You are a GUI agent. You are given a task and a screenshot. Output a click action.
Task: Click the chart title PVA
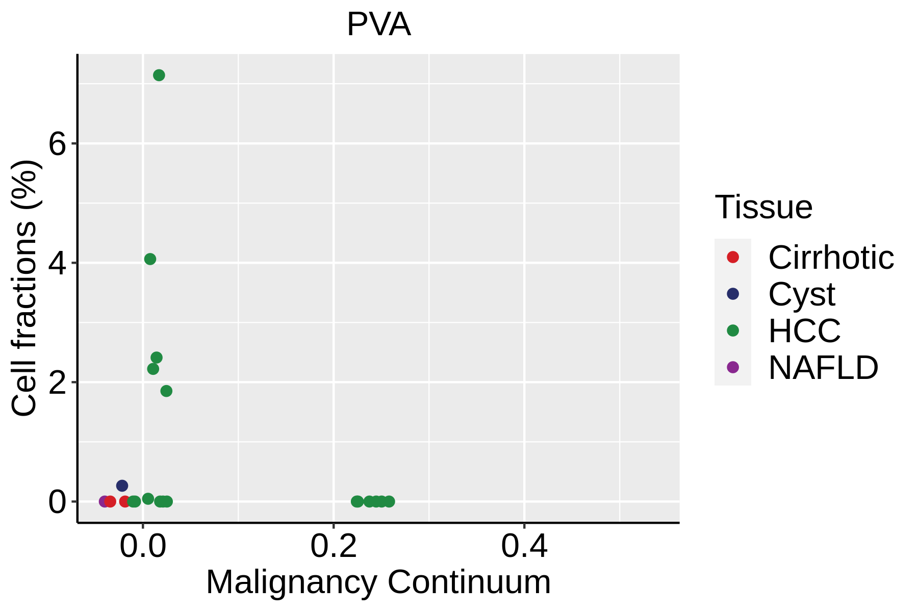point(378,24)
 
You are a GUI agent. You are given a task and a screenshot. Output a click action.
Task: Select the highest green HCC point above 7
point(159,75)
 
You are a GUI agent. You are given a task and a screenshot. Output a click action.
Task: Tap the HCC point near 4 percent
point(150,259)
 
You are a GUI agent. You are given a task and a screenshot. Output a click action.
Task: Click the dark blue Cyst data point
point(122,486)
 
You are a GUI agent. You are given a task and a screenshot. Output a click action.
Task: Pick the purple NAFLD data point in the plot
point(104,501)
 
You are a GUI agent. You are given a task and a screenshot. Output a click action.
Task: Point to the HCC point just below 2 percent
point(166,391)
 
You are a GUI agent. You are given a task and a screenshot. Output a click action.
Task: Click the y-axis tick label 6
point(58,144)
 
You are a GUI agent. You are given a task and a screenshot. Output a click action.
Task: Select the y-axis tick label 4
point(58,264)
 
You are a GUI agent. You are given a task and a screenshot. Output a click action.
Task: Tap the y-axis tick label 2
point(58,383)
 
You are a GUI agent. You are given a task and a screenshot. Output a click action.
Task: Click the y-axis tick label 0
point(58,502)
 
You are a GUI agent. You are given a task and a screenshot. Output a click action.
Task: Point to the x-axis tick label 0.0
point(143,546)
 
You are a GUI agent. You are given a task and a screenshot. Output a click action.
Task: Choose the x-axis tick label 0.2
point(334,546)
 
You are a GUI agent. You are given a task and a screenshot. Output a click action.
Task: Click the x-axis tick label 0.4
point(524,546)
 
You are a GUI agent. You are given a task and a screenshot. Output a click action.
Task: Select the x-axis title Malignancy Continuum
point(378,582)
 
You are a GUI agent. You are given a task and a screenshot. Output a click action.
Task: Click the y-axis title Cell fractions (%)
point(24,288)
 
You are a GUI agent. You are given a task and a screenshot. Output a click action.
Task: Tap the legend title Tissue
point(763,207)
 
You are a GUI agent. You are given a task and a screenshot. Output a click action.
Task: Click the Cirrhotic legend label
point(831,258)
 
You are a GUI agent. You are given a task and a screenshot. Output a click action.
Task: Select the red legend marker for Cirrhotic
point(733,257)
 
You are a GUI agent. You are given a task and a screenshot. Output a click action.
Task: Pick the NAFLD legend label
point(823,368)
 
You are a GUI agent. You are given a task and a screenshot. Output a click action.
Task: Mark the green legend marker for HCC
point(733,330)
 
